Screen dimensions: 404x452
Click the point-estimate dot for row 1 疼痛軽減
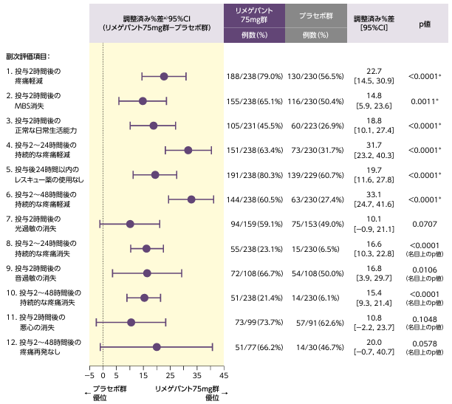[164, 76]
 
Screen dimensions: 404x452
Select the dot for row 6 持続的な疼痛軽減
[191, 199]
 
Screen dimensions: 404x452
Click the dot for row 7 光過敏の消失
[130, 224]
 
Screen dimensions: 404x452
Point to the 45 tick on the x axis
[224, 377]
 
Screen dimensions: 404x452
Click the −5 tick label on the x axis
[89, 377]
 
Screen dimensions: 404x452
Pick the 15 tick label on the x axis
[143, 377]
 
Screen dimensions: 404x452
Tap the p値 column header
[425, 24]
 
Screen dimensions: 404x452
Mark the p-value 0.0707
[425, 224]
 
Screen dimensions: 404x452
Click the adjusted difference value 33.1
[373, 195]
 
